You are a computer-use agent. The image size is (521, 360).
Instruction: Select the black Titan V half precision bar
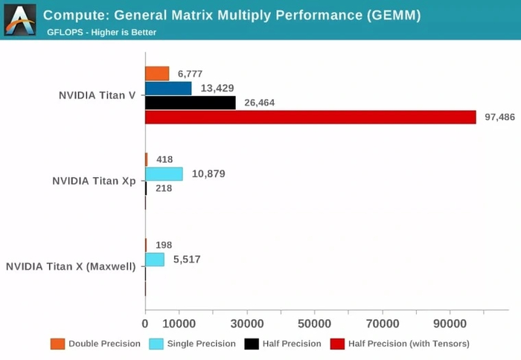pyautogui.click(x=190, y=103)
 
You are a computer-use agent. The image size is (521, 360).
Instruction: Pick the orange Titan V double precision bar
pyautogui.click(x=157, y=73)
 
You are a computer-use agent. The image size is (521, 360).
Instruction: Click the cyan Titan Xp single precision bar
pyautogui.click(x=164, y=174)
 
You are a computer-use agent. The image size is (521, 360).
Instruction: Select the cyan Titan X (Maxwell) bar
pyautogui.click(x=155, y=259)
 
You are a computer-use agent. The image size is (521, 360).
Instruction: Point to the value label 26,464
pyautogui.click(x=259, y=103)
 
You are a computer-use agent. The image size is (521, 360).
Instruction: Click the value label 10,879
pyautogui.click(x=208, y=174)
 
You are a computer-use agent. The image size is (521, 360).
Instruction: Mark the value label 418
pyautogui.click(x=164, y=159)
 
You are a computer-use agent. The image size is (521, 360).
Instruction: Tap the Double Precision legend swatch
pyautogui.click(x=57, y=344)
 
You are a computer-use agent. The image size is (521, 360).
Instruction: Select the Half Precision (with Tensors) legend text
pyautogui.click(x=409, y=344)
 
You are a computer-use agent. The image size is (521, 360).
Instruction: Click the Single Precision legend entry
pyautogui.click(x=192, y=344)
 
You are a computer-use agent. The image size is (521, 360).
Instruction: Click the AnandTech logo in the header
pyautogui.click(x=20, y=20)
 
